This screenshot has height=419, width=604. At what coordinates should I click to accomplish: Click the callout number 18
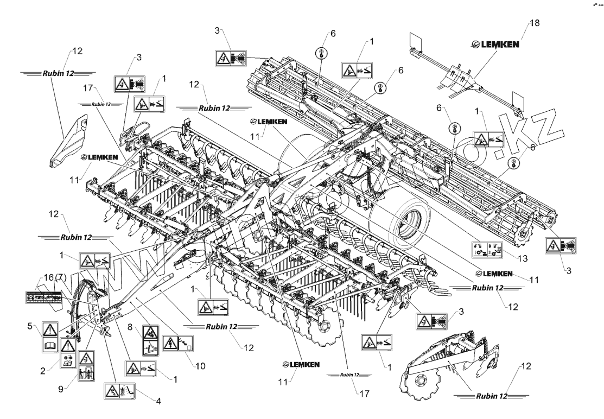(534, 23)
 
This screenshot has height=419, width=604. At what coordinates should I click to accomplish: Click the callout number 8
(131, 327)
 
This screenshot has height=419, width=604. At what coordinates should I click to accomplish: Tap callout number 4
(158, 402)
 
